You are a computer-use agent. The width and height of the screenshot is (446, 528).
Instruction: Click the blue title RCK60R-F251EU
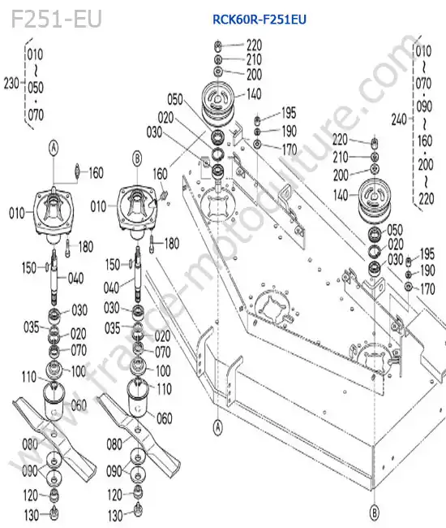(259, 19)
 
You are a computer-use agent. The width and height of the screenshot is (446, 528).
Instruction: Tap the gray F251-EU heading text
(56, 19)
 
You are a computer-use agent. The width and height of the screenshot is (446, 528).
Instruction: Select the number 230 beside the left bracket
(11, 83)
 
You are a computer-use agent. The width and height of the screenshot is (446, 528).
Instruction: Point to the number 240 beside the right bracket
(399, 119)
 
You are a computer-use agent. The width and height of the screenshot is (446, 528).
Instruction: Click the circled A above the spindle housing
(54, 148)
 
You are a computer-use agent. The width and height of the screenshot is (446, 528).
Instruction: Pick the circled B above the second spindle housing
(137, 158)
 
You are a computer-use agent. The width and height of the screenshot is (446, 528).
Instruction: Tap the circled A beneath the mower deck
(218, 427)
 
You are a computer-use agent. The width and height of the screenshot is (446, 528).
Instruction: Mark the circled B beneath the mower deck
(374, 513)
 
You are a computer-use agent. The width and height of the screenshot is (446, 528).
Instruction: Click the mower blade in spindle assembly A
(54, 435)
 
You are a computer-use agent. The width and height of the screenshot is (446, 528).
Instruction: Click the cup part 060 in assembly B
(138, 398)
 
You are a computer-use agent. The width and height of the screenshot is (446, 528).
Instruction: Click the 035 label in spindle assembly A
(32, 327)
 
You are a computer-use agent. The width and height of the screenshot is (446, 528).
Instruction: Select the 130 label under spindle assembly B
(115, 516)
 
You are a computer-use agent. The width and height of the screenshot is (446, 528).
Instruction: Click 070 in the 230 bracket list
(36, 115)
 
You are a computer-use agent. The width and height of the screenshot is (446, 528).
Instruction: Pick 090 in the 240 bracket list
(424, 106)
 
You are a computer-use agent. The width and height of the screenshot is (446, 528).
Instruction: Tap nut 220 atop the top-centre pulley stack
(218, 45)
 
